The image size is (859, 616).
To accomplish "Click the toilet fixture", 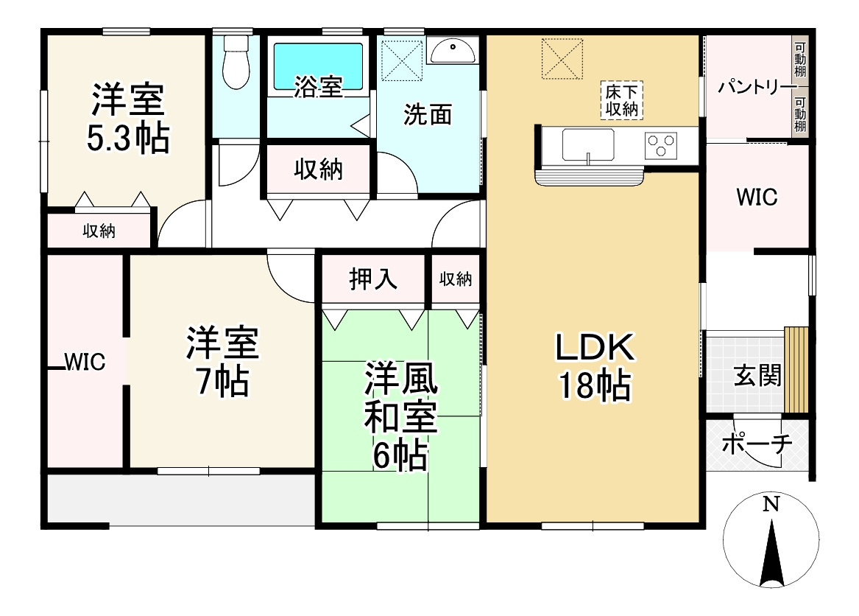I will (x=236, y=63).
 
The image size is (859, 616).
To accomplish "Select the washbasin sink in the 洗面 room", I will (x=453, y=52).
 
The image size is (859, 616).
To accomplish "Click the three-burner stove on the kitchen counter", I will (x=660, y=144).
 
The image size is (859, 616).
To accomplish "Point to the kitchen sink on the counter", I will (x=588, y=144).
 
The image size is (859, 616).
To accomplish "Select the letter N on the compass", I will (x=771, y=505).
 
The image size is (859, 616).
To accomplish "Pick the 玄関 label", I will (x=757, y=376).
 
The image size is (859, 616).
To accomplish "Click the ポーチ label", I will (x=757, y=444).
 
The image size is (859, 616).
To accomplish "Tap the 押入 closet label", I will (x=373, y=279).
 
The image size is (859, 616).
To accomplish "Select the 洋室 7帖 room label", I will (x=220, y=362).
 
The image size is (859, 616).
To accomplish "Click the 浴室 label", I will (x=318, y=87).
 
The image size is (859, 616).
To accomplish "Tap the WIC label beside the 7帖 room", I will (x=85, y=362).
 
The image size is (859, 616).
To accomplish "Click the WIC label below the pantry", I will (x=757, y=197).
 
